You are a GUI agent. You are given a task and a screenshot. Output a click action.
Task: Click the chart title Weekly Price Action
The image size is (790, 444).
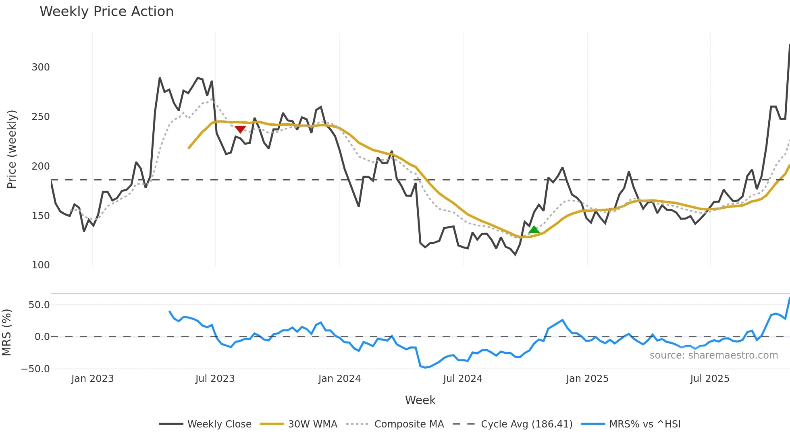[106, 12]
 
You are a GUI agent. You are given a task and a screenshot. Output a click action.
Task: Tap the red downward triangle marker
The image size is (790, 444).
[240, 129]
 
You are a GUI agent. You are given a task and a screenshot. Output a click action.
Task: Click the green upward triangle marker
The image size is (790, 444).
[534, 230]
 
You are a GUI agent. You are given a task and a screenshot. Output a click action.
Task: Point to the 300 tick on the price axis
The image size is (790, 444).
[41, 67]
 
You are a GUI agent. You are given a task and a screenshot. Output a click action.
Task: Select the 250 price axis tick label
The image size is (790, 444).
[41, 116]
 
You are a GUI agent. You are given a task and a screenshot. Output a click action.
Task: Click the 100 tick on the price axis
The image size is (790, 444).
[41, 265]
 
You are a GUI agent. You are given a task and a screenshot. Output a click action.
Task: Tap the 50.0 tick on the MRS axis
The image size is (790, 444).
[39, 305]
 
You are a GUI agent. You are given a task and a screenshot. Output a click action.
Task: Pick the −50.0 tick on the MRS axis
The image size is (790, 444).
[35, 369]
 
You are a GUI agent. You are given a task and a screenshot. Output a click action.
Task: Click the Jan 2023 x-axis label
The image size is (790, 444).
[92, 379]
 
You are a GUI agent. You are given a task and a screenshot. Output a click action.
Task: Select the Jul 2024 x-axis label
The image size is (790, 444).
[462, 379]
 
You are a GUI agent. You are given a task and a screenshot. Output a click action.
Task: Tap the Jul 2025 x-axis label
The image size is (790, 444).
[709, 379]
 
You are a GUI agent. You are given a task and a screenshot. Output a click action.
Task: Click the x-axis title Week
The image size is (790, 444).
[420, 400]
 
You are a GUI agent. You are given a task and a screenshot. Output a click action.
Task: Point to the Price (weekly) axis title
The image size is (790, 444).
[12, 149]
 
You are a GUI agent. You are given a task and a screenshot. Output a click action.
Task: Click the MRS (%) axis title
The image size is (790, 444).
[6, 332]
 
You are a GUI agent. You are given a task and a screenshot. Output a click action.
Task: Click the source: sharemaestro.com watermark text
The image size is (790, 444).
[713, 355]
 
